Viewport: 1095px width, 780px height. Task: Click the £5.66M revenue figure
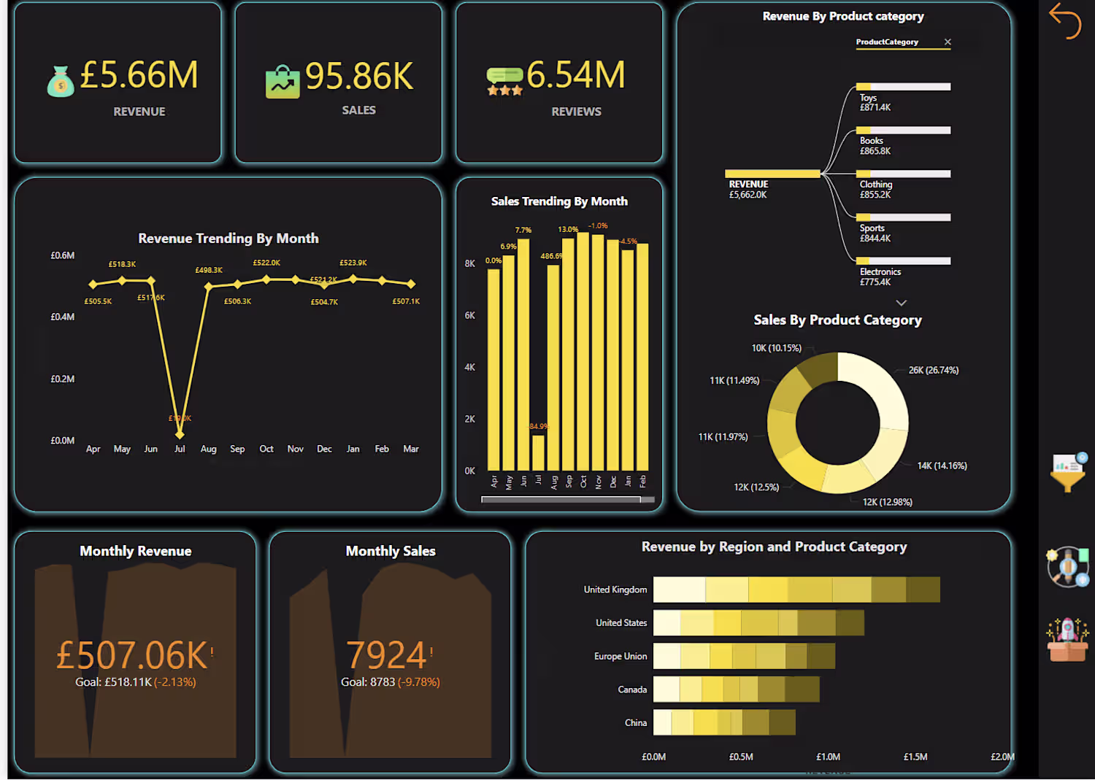point(139,75)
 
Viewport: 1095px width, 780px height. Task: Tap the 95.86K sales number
point(359,76)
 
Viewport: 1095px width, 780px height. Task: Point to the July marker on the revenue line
point(180,434)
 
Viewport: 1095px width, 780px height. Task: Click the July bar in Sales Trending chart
point(538,452)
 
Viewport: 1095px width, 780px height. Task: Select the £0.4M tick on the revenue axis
point(63,317)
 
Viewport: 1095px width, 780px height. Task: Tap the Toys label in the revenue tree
point(868,98)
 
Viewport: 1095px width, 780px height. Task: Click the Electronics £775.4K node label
point(880,277)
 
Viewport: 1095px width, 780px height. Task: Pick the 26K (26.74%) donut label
point(933,371)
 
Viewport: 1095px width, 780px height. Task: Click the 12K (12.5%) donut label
point(756,487)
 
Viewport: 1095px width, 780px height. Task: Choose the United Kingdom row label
point(615,590)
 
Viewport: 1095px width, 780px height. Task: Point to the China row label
point(635,723)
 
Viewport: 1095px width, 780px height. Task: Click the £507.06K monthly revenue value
point(132,655)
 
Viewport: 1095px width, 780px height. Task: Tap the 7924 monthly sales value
point(386,654)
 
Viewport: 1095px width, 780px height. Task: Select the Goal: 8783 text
point(367,682)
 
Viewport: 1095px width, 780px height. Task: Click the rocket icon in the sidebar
point(1067,639)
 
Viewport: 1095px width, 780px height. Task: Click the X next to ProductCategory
point(948,42)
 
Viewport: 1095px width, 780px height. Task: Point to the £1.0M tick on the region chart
point(828,757)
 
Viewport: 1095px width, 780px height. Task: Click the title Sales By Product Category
point(837,320)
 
